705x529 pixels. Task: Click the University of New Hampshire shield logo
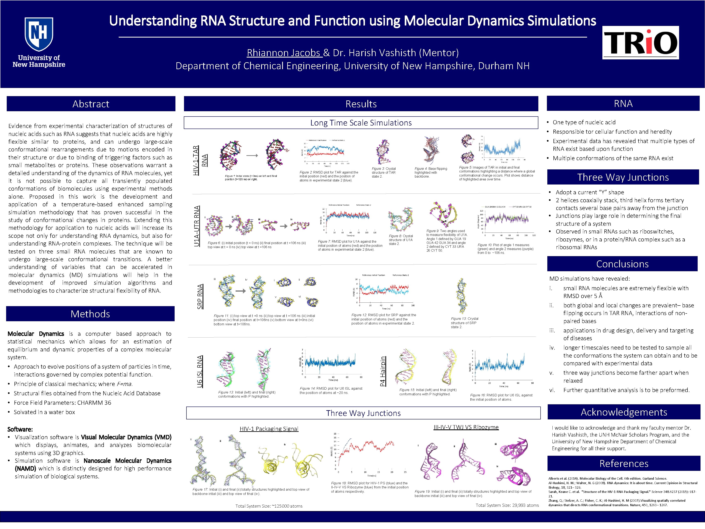click(39, 34)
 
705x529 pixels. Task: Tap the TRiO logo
click(640, 42)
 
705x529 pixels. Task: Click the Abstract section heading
click(91, 104)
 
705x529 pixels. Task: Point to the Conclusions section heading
click(622, 264)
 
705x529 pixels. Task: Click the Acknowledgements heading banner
click(624, 412)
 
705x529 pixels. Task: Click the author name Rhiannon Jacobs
click(284, 53)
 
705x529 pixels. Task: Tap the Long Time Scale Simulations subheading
click(361, 123)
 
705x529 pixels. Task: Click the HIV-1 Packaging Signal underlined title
click(269, 429)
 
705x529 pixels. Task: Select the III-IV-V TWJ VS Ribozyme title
click(466, 427)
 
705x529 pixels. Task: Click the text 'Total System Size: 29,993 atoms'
click(507, 505)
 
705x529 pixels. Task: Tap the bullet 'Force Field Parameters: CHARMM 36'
click(62, 403)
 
